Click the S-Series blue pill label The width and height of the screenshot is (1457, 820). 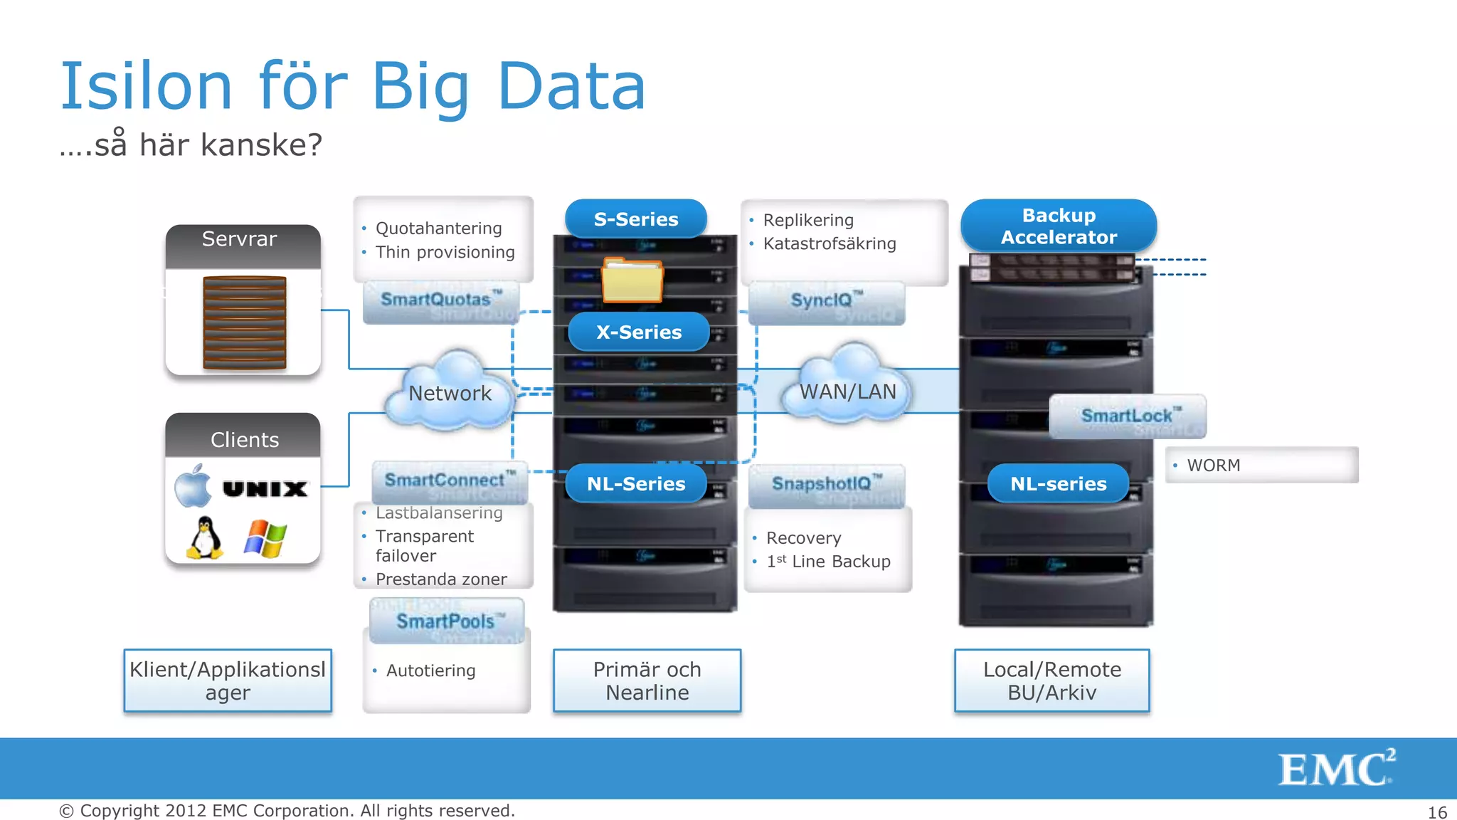point(636,219)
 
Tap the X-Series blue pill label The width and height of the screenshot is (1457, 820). point(639,332)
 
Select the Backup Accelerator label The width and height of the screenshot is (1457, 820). point(1059,226)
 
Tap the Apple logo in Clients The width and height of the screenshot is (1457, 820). point(194,487)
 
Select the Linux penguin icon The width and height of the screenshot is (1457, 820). point(205,538)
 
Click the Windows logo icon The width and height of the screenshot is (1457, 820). point(265,539)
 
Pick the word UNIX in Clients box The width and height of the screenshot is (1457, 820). point(265,489)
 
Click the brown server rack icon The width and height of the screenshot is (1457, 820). point(244,322)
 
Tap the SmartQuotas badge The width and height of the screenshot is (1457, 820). point(441,300)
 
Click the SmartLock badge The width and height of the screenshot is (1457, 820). point(1128,416)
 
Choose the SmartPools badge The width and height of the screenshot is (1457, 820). point(447,621)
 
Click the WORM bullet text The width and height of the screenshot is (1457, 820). point(1213,466)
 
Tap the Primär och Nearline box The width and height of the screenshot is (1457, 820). point(647,680)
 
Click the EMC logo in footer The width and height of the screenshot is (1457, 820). point(1335,769)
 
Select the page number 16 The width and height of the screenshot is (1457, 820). point(1437,812)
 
